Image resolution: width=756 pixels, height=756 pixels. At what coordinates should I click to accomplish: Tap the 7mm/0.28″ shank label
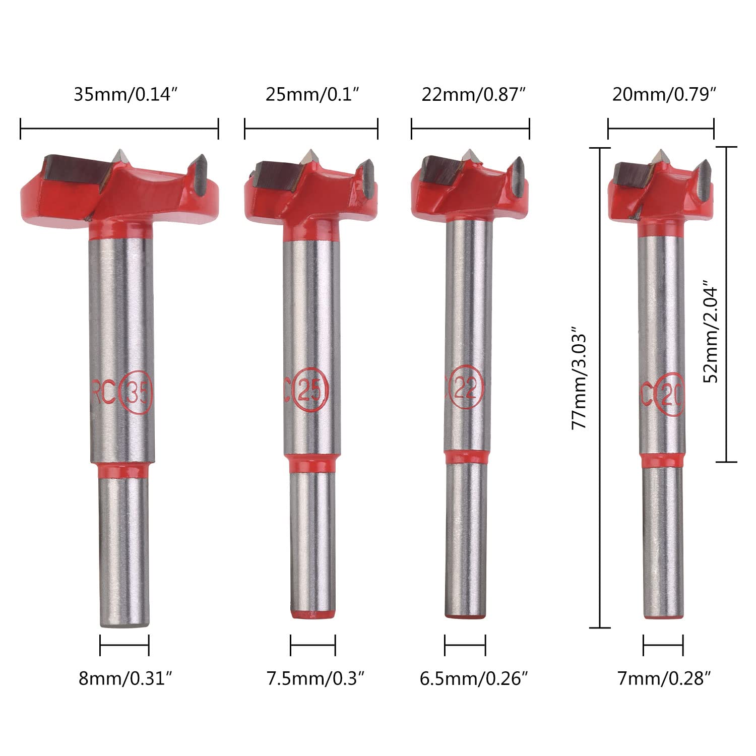click(664, 679)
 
